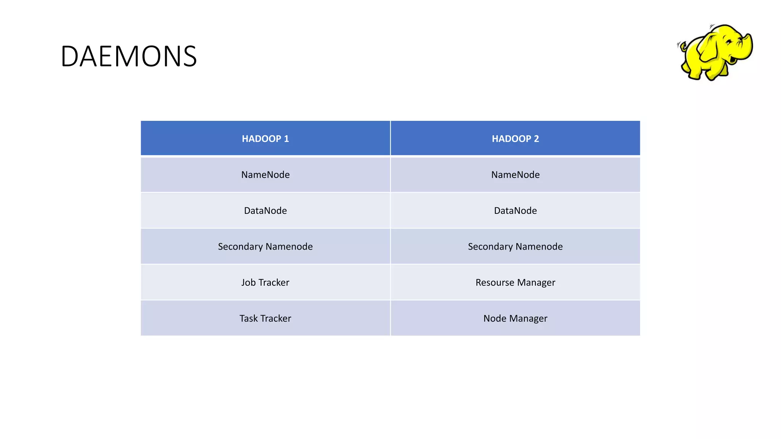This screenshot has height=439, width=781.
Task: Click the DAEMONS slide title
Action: pyautogui.click(x=129, y=56)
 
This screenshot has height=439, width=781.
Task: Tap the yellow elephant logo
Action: pyautogui.click(x=715, y=52)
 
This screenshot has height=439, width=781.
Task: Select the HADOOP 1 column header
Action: pyautogui.click(x=265, y=139)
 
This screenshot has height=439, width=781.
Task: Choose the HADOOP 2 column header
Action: pyautogui.click(x=515, y=139)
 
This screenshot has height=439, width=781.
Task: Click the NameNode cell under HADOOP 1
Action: pyautogui.click(x=265, y=175)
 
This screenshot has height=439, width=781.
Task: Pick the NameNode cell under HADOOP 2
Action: pyautogui.click(x=515, y=175)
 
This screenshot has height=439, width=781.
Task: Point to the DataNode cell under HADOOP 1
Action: pyautogui.click(x=265, y=210)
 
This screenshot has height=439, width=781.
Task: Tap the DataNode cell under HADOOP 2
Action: pyautogui.click(x=515, y=210)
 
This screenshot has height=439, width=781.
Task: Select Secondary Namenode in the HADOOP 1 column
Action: pyautogui.click(x=265, y=247)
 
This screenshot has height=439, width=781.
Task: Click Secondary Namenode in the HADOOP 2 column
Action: pyautogui.click(x=515, y=247)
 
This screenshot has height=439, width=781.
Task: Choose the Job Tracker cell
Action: pyautogui.click(x=265, y=282)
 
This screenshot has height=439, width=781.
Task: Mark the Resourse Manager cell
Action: pyautogui.click(x=515, y=282)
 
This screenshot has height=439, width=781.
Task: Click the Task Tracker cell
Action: pyautogui.click(x=265, y=318)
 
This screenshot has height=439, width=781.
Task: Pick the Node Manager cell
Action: pyautogui.click(x=515, y=318)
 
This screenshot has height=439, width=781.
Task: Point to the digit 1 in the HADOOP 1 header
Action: pyautogui.click(x=286, y=139)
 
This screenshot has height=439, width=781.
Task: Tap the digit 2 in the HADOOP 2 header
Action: pyautogui.click(x=537, y=139)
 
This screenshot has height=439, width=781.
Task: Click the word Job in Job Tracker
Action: pyautogui.click(x=248, y=282)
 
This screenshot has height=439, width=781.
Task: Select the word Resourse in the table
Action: pyautogui.click(x=495, y=282)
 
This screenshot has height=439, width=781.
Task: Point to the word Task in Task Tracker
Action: pyautogui.click(x=248, y=318)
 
